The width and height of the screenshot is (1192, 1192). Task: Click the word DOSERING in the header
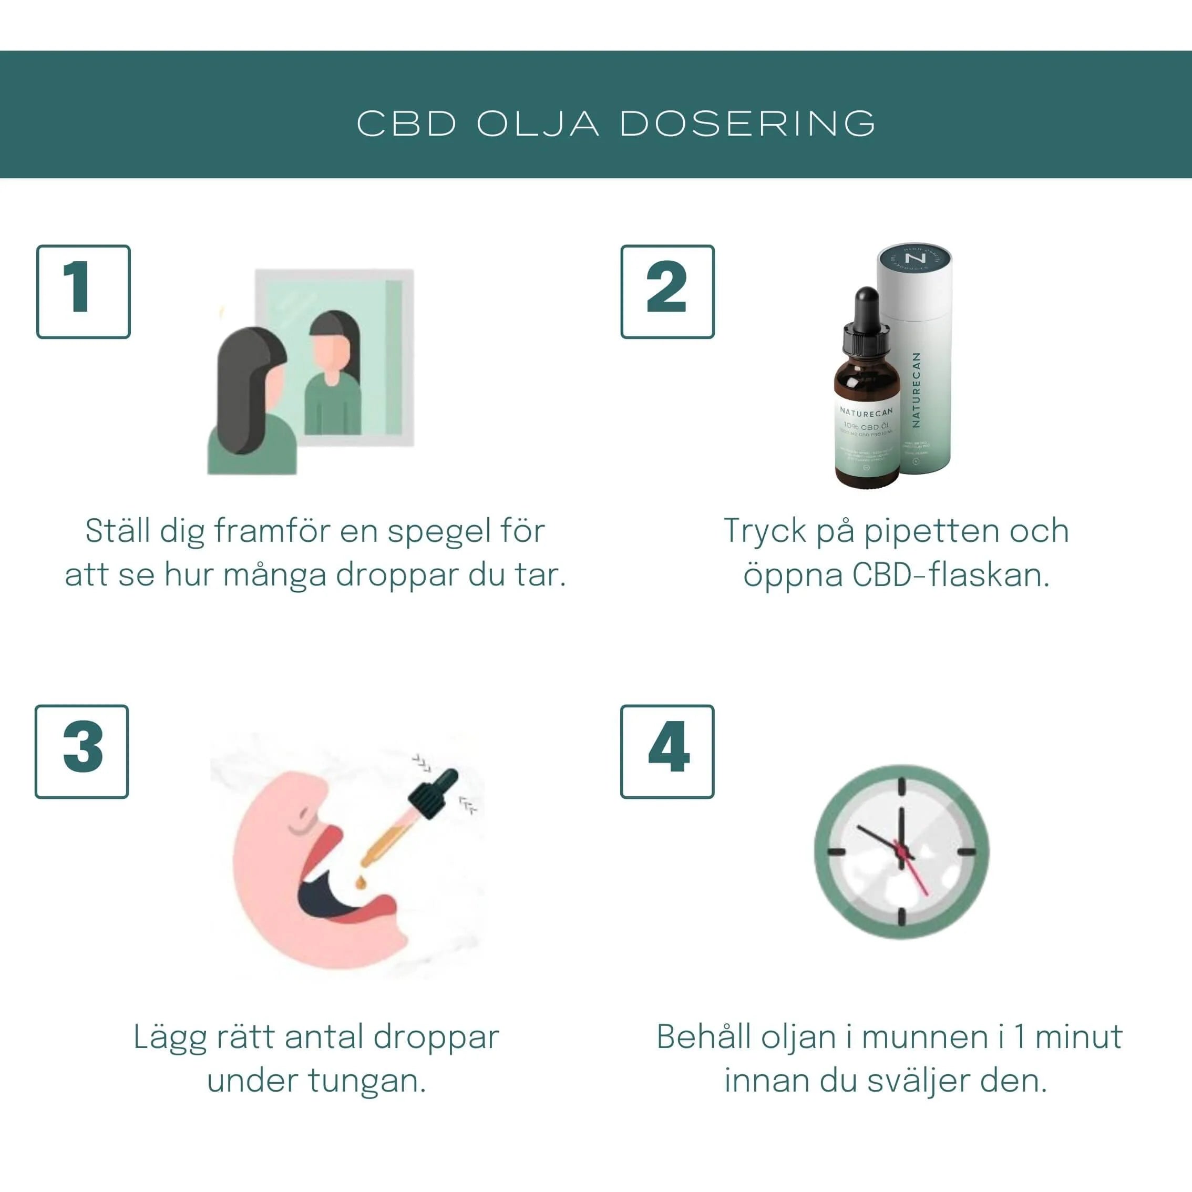(x=747, y=124)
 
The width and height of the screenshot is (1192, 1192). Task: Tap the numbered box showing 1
(x=83, y=292)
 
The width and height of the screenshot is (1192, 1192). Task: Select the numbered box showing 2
(x=667, y=292)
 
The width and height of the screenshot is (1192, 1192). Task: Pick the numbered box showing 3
(x=82, y=752)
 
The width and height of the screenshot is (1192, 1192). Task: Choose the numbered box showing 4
(x=667, y=752)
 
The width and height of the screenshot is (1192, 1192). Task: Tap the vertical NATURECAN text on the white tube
(x=916, y=390)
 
